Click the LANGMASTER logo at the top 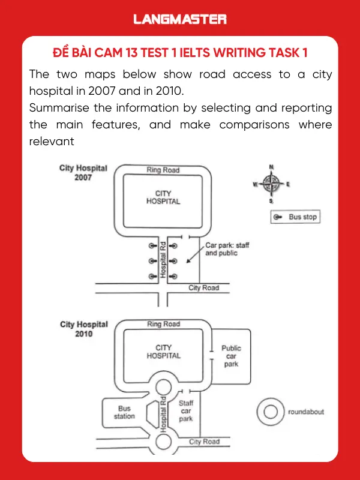pyautogui.click(x=180, y=19)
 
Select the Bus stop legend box pyautogui.click(x=295, y=217)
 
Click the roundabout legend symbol pyautogui.click(x=271, y=412)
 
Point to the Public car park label pyautogui.click(x=231, y=356)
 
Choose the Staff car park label pyautogui.click(x=186, y=411)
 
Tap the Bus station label pyautogui.click(x=124, y=412)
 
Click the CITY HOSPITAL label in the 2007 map pyautogui.click(x=163, y=197)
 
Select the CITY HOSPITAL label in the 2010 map pyautogui.click(x=163, y=352)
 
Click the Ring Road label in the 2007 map pyautogui.click(x=163, y=170)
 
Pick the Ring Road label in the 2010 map pyautogui.click(x=163, y=324)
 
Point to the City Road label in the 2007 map pyautogui.click(x=204, y=288)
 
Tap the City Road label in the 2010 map pyautogui.click(x=204, y=442)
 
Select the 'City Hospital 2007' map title pyautogui.click(x=83, y=173)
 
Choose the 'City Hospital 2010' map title pyautogui.click(x=83, y=329)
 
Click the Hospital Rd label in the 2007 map pyautogui.click(x=163, y=259)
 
